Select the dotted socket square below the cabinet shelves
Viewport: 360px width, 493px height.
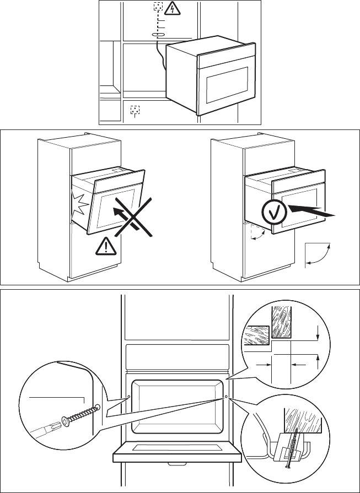135,110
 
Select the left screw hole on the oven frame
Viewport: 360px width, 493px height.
129,395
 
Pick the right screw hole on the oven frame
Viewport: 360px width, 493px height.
226,395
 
